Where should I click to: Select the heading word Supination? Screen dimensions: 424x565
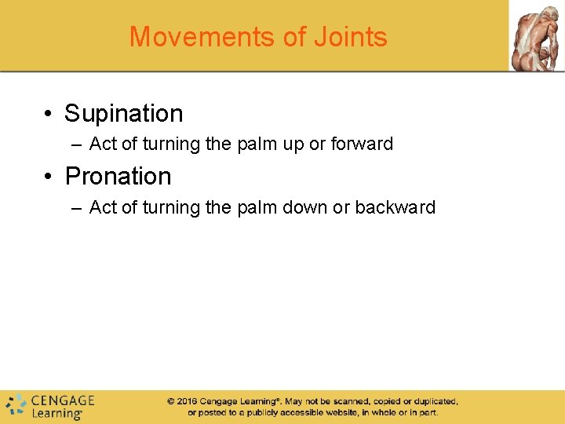124,114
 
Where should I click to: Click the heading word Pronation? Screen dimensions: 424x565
118,177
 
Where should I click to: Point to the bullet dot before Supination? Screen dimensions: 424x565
49,115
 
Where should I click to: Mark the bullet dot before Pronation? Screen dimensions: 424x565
49,177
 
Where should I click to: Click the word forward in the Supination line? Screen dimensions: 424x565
363,144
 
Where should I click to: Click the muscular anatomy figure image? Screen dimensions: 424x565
536,35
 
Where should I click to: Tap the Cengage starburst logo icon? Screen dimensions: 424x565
16,405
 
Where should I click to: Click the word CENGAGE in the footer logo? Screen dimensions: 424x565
63,400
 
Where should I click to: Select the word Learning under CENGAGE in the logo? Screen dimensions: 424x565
56,413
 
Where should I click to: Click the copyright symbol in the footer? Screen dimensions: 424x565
170,401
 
